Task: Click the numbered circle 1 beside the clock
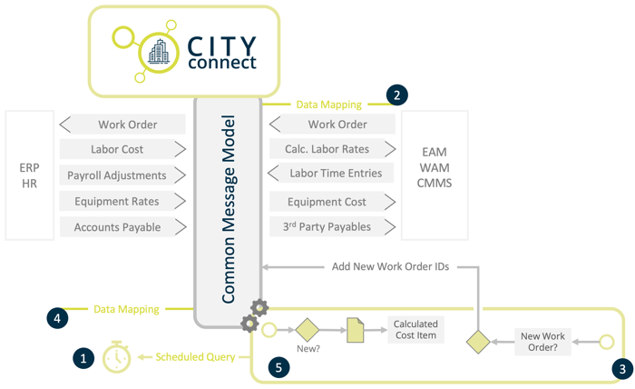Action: coord(83,358)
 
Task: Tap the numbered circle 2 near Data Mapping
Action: coord(396,95)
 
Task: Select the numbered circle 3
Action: coord(621,368)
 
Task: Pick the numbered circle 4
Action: coord(57,318)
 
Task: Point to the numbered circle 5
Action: coord(278,368)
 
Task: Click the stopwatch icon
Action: coord(116,357)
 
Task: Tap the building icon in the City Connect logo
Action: coord(159,51)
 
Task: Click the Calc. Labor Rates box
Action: coord(332,149)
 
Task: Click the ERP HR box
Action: coord(29,175)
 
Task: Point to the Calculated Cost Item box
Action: coord(415,330)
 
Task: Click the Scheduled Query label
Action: coord(194,357)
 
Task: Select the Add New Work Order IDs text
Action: coord(390,267)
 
